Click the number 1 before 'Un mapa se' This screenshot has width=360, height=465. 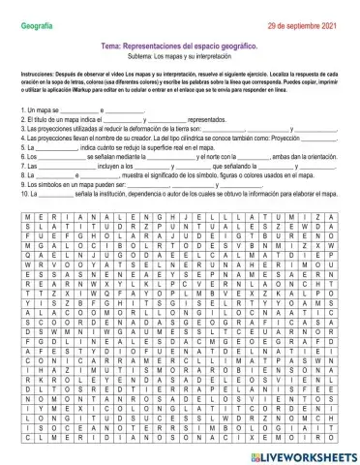click(x=21, y=110)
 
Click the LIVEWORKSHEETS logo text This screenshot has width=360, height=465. click(x=305, y=452)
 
